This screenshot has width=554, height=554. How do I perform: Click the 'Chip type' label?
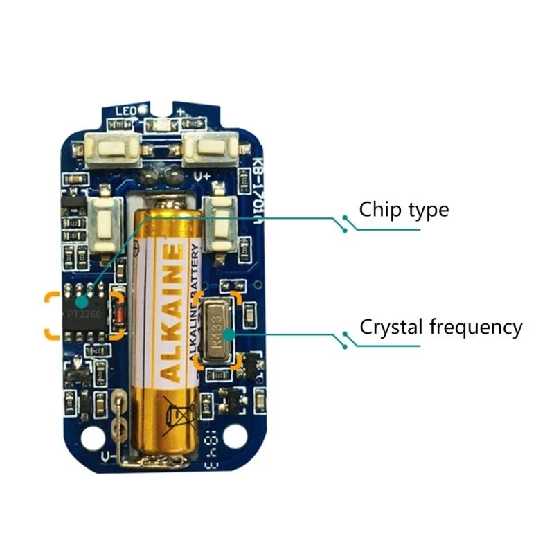tap(404, 209)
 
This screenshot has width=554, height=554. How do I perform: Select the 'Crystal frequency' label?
tap(440, 327)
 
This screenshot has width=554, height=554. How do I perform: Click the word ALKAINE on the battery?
tap(172, 312)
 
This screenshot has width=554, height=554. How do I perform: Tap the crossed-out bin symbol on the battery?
tap(179, 415)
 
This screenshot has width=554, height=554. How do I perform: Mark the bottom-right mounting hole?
tap(235, 436)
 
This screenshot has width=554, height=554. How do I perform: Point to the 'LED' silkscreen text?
tap(124, 111)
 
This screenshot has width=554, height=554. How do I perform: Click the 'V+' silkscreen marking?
tap(202, 175)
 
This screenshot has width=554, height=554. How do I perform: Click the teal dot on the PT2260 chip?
tap(82, 302)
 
